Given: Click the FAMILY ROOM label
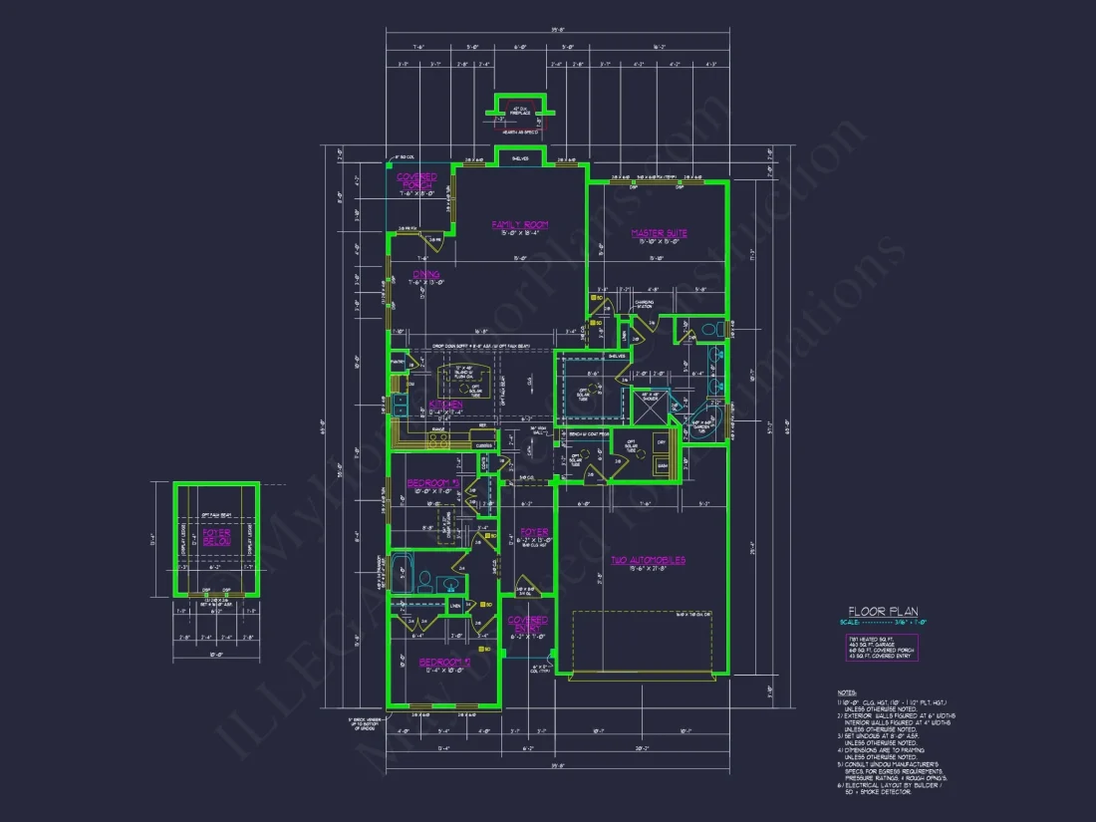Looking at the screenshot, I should pyautogui.click(x=519, y=225).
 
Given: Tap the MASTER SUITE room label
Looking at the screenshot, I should pyautogui.click(x=659, y=234).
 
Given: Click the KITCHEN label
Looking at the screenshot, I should pyautogui.click(x=445, y=405).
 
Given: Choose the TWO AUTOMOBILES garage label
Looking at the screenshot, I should pyautogui.click(x=648, y=561).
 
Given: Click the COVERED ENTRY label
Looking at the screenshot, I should pyautogui.click(x=528, y=625).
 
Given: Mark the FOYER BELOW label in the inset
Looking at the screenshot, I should pyautogui.click(x=216, y=537).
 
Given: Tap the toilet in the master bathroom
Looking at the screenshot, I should pyautogui.click(x=709, y=329).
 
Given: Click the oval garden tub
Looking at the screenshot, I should pyautogui.click(x=711, y=415).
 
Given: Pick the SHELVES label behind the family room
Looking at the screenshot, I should pyautogui.click(x=519, y=158).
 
